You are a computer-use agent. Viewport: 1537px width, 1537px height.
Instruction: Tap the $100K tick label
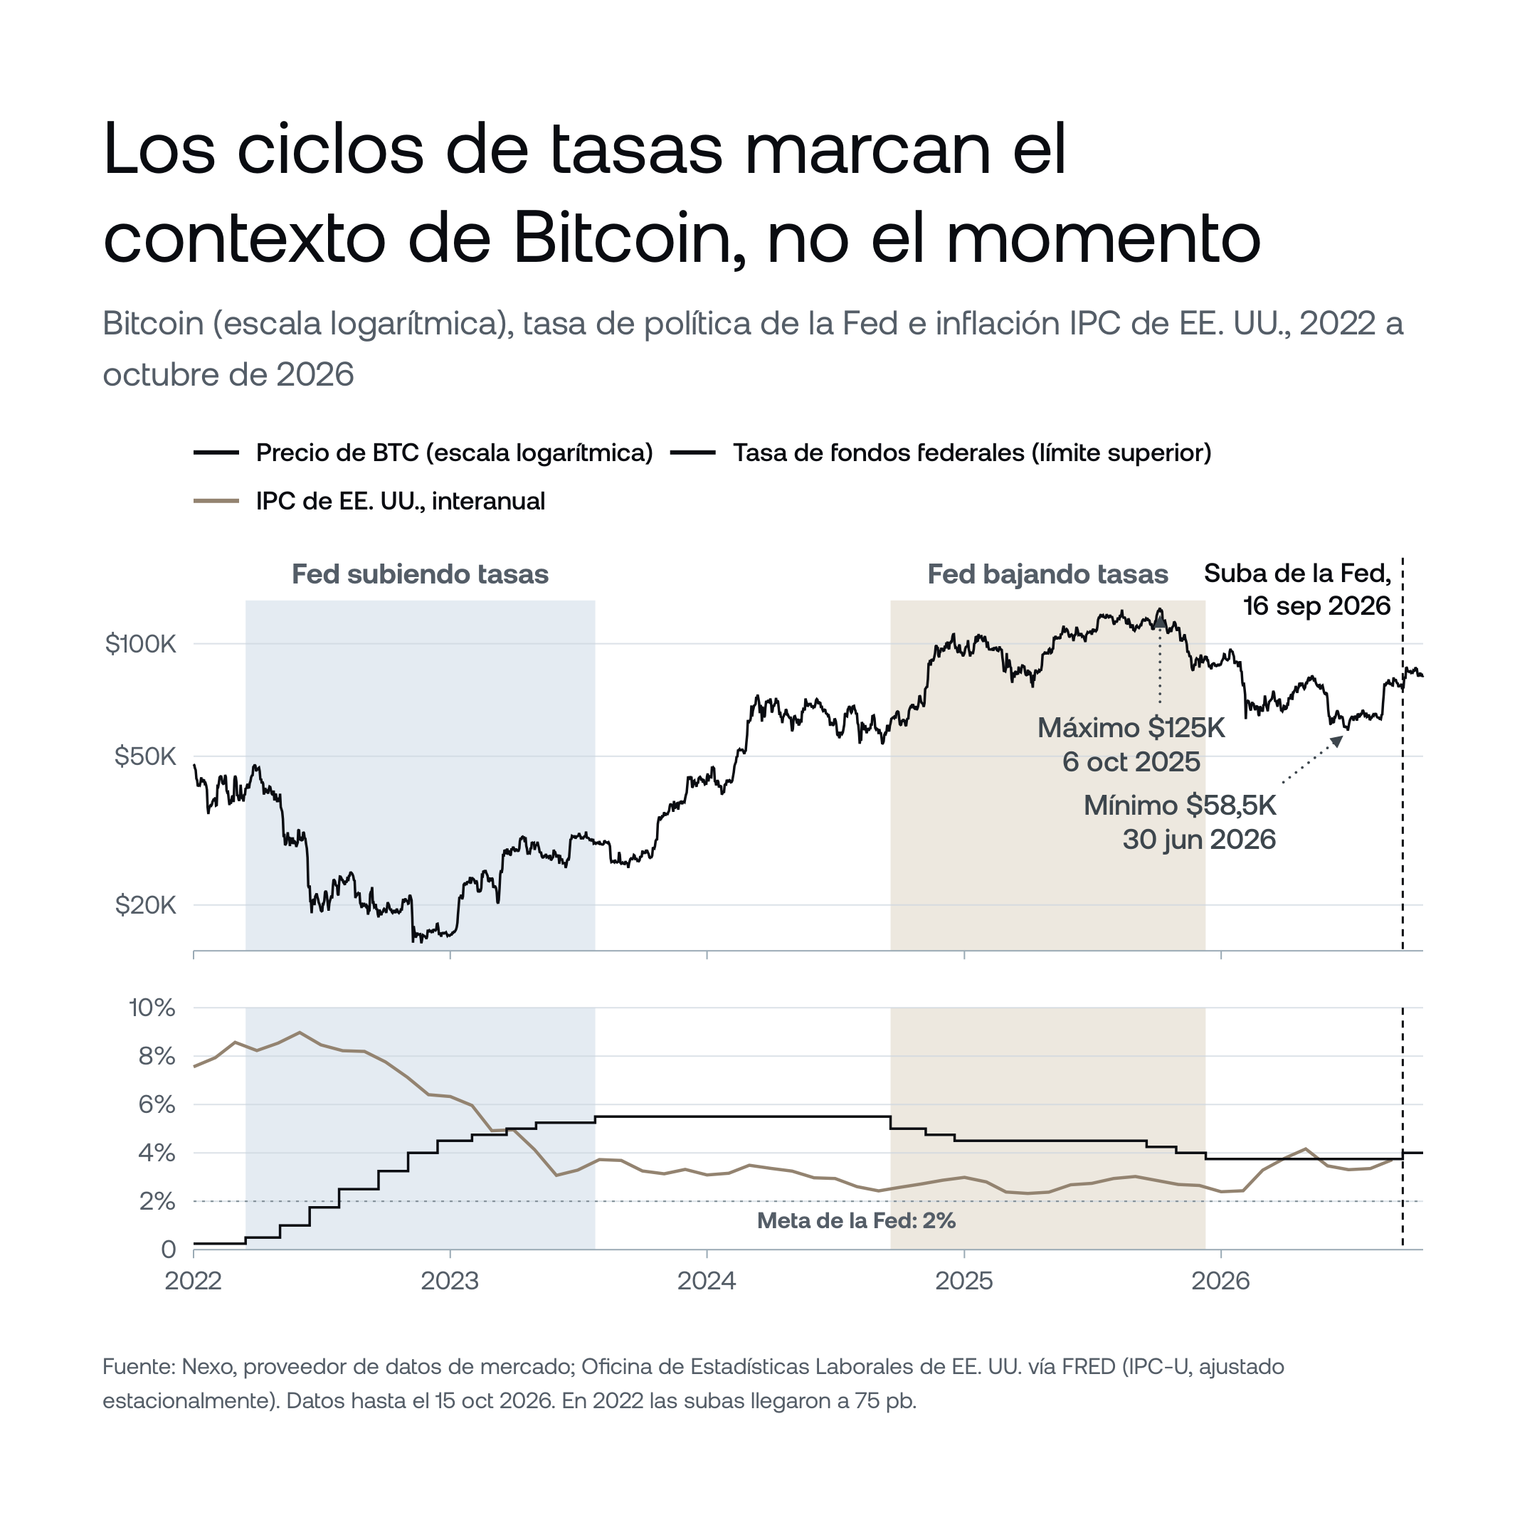[141, 643]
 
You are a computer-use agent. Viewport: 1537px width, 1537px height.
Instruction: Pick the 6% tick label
[157, 1104]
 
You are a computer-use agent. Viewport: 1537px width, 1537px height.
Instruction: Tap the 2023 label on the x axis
[450, 1281]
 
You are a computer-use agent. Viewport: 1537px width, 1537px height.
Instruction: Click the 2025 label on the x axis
[964, 1281]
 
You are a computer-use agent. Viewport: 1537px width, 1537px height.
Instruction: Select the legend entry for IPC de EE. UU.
[370, 501]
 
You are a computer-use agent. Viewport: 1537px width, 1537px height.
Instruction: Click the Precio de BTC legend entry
[424, 453]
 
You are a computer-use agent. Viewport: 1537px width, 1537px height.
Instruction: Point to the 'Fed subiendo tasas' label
[420, 574]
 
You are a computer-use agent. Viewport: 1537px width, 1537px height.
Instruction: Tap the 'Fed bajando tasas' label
[1047, 574]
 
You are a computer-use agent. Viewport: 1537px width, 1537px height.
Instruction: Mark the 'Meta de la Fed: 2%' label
[856, 1220]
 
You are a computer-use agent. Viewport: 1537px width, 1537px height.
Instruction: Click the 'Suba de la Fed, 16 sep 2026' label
[1297, 589]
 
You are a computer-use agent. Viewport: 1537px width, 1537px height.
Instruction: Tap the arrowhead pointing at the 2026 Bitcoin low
[1337, 741]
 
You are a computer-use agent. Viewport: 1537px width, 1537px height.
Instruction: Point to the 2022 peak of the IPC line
[299, 1032]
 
